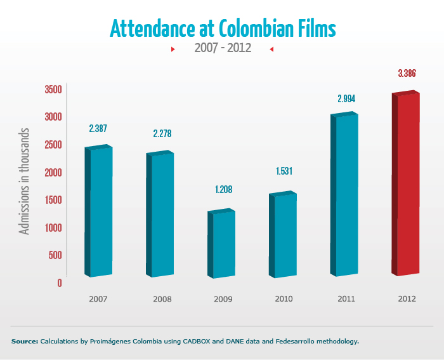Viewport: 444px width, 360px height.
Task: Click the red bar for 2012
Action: point(407,184)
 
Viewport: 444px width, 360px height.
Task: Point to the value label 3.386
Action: point(407,74)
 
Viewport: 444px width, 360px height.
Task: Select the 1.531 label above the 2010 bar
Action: point(283,171)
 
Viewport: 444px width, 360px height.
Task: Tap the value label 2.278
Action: point(162,134)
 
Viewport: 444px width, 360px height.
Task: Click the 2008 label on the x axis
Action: point(162,298)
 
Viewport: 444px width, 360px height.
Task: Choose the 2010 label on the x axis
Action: point(283,298)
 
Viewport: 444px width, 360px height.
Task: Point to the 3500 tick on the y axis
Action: point(53,90)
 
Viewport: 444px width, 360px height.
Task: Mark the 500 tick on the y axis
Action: point(56,255)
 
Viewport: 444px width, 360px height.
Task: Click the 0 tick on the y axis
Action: point(60,283)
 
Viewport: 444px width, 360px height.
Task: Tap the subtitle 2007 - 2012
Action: point(222,49)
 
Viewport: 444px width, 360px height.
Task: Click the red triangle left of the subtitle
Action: point(173,49)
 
